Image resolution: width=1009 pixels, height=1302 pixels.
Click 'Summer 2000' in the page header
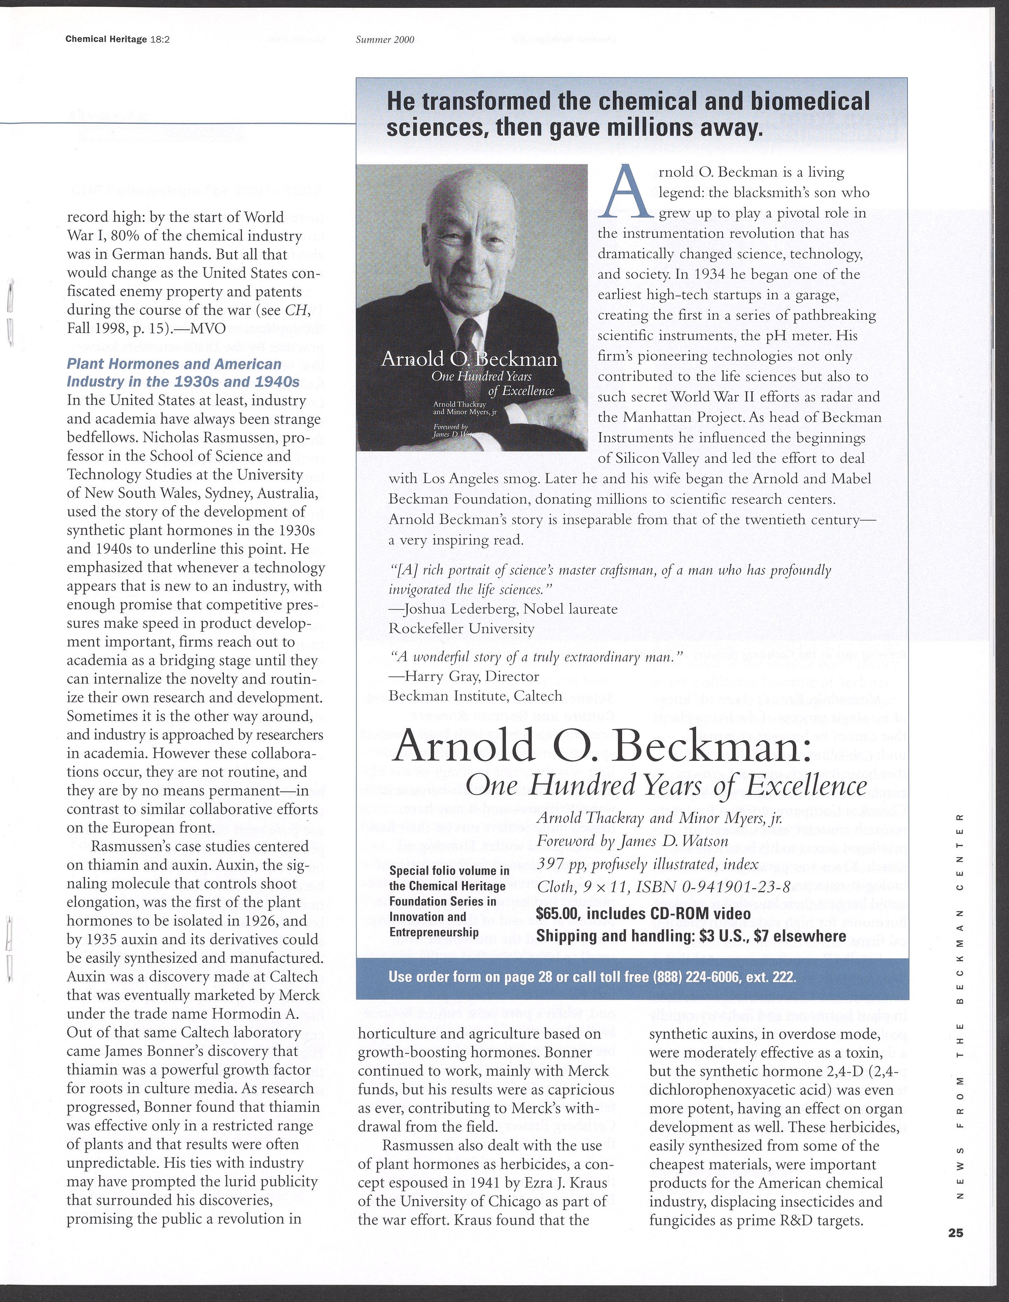pos(385,40)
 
